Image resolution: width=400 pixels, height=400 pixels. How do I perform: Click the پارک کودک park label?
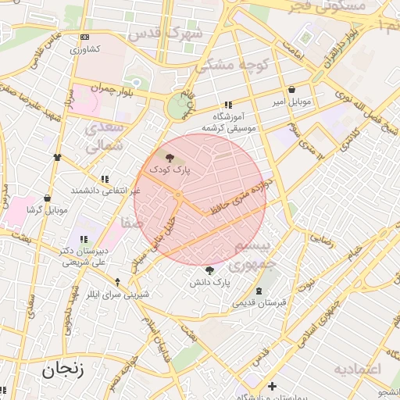[171, 169]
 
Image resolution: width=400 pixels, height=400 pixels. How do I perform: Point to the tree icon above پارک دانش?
[209, 270]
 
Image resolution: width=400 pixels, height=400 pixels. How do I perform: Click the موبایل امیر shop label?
[291, 102]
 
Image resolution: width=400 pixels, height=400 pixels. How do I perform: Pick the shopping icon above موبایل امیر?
[291, 89]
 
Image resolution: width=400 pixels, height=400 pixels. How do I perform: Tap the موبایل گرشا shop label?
[48, 210]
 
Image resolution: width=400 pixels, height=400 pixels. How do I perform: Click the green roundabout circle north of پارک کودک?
[179, 106]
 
